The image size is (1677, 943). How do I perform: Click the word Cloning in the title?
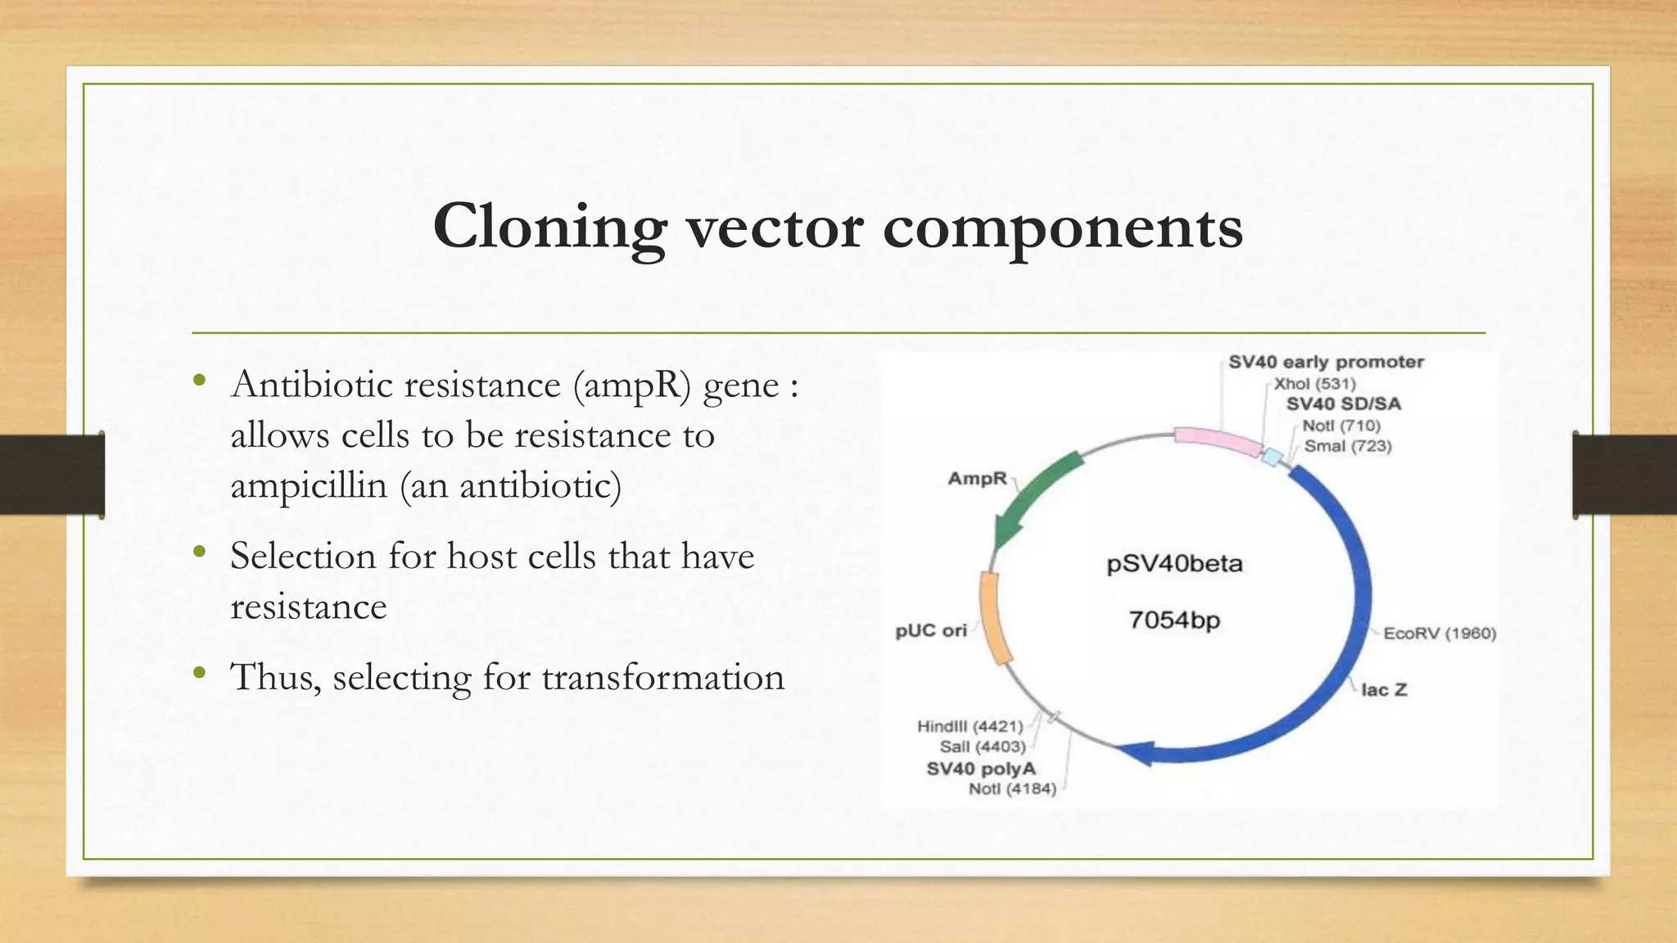[x=549, y=228]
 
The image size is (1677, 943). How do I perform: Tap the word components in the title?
[x=1062, y=228]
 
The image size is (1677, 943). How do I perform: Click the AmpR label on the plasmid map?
[x=977, y=478]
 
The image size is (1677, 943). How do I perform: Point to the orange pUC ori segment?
[x=993, y=617]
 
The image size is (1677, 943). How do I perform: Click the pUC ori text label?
[x=930, y=631]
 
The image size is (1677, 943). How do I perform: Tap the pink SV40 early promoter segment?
[x=1217, y=442]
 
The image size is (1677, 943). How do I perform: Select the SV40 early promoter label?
[x=1326, y=362]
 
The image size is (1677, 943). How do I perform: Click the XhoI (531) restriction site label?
[x=1314, y=383]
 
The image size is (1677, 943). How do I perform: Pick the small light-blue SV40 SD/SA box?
[x=1272, y=457]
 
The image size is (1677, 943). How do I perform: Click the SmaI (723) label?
[x=1348, y=446]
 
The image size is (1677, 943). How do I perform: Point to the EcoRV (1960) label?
[x=1440, y=634]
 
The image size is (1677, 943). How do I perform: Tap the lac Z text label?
[x=1384, y=690]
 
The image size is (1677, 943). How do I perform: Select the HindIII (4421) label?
[x=970, y=726]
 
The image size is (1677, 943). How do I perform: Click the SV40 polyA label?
[x=980, y=769]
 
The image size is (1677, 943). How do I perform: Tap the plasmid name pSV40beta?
[x=1174, y=564]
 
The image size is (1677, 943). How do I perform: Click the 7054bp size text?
[x=1174, y=620]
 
